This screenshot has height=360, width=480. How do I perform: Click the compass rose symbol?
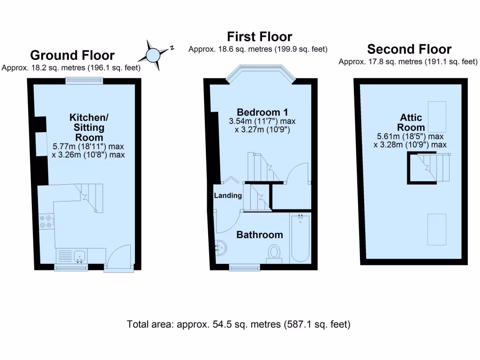(x=154, y=55)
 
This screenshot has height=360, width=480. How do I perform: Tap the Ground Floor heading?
(x=73, y=55)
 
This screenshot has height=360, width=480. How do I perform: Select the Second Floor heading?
(x=409, y=49)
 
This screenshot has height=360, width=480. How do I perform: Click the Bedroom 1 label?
(x=262, y=112)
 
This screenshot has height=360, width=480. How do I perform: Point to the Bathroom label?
(x=259, y=235)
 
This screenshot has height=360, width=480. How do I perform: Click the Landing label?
(x=228, y=195)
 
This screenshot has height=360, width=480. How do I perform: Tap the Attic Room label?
(x=411, y=122)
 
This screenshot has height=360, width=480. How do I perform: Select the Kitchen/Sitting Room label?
(x=87, y=127)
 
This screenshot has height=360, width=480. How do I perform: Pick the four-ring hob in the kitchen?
(x=47, y=221)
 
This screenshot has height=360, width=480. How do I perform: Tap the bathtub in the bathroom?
(x=300, y=238)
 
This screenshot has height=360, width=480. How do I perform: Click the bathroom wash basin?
(x=220, y=248)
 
